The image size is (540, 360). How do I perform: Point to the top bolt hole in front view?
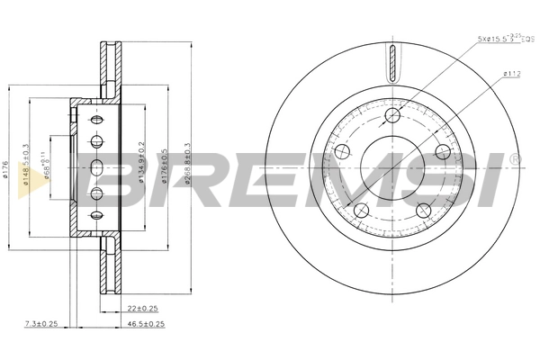point(391,115)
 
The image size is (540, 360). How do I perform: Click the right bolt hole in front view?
point(442,152)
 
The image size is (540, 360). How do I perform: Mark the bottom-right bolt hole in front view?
point(423,211)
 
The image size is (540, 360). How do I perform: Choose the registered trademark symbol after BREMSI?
point(514,159)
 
